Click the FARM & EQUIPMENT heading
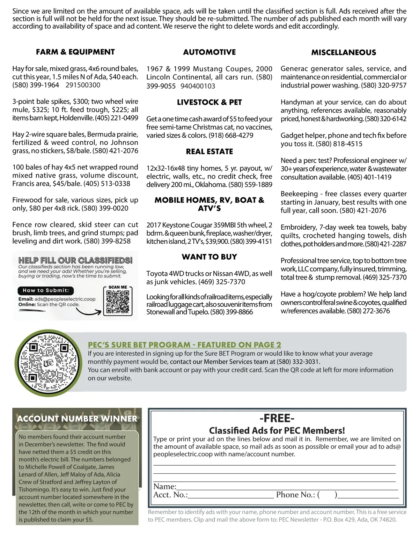tap(75, 52)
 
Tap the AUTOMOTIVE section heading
tap(209, 52)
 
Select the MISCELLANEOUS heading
tap(344, 52)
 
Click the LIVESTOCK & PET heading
tap(209, 102)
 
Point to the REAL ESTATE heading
tap(209, 151)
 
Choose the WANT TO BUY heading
tap(209, 257)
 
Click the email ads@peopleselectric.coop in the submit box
tap(65, 299)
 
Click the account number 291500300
tap(83, 85)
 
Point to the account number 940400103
tap(198, 86)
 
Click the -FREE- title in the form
tap(277, 418)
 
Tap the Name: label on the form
tap(165, 486)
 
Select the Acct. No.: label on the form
tap(170, 495)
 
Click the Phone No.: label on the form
tap(295, 495)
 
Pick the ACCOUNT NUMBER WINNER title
tap(77, 419)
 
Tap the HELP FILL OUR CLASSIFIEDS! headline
tap(75, 260)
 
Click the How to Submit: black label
tap(46, 290)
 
